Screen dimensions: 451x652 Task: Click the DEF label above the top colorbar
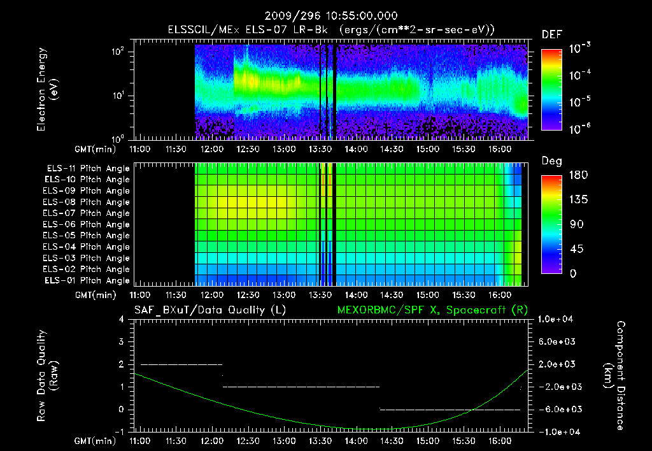tap(551, 34)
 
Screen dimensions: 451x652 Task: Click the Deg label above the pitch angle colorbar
tap(551, 161)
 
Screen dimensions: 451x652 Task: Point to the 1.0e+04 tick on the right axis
tap(557, 319)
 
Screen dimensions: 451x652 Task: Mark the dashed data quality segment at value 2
tap(181, 364)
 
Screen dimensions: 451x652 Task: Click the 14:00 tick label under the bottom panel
tap(355, 441)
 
